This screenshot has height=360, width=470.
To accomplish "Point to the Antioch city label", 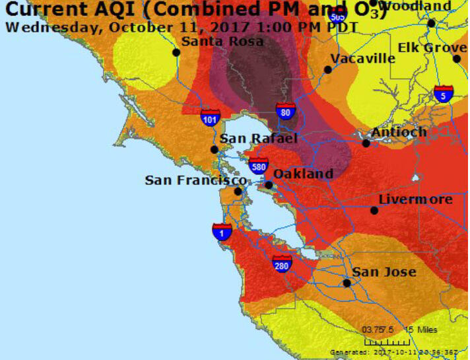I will pyautogui.click(x=399, y=132).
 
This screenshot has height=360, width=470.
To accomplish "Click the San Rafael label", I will pyautogui.click(x=259, y=138).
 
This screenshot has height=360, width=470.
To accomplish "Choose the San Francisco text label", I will pyautogui.click(x=196, y=180).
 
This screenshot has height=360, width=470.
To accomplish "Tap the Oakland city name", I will pyautogui.click(x=303, y=173).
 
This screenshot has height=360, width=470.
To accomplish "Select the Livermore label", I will pyautogui.click(x=415, y=199).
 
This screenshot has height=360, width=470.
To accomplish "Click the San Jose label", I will pyautogui.click(x=384, y=271).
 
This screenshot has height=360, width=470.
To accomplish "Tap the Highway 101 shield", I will pyautogui.click(x=211, y=119).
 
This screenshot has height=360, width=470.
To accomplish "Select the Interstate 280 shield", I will pyautogui.click(x=282, y=264).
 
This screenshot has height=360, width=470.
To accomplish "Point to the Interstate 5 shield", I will pyautogui.click(x=444, y=94).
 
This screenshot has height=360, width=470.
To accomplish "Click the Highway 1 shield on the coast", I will pyautogui.click(x=222, y=232).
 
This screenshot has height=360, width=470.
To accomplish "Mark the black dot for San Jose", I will pyautogui.click(x=347, y=283).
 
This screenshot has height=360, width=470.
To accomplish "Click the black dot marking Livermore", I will pyautogui.click(x=374, y=211).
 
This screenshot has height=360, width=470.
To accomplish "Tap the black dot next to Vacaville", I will pyautogui.click(x=327, y=69).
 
